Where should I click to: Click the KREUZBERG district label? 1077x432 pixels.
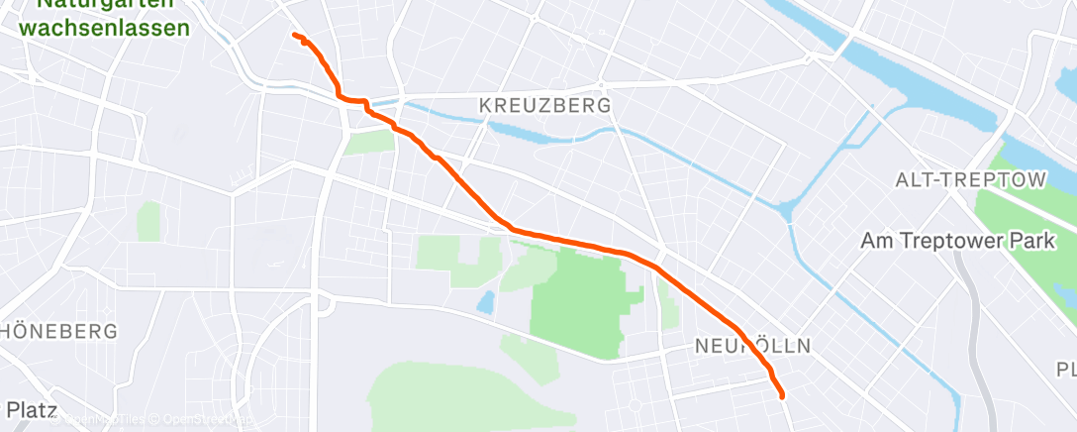(543, 104)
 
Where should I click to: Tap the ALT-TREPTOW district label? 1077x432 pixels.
(970, 180)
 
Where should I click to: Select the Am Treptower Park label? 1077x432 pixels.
(967, 240)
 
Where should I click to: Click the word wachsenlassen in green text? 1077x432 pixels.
(104, 28)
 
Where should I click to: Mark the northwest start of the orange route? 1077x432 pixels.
(294, 36)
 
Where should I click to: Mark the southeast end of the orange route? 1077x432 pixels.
(783, 396)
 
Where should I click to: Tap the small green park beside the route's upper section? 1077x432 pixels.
(368, 142)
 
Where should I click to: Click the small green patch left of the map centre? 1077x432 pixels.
(148, 220)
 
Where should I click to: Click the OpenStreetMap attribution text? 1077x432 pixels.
(198, 420)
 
